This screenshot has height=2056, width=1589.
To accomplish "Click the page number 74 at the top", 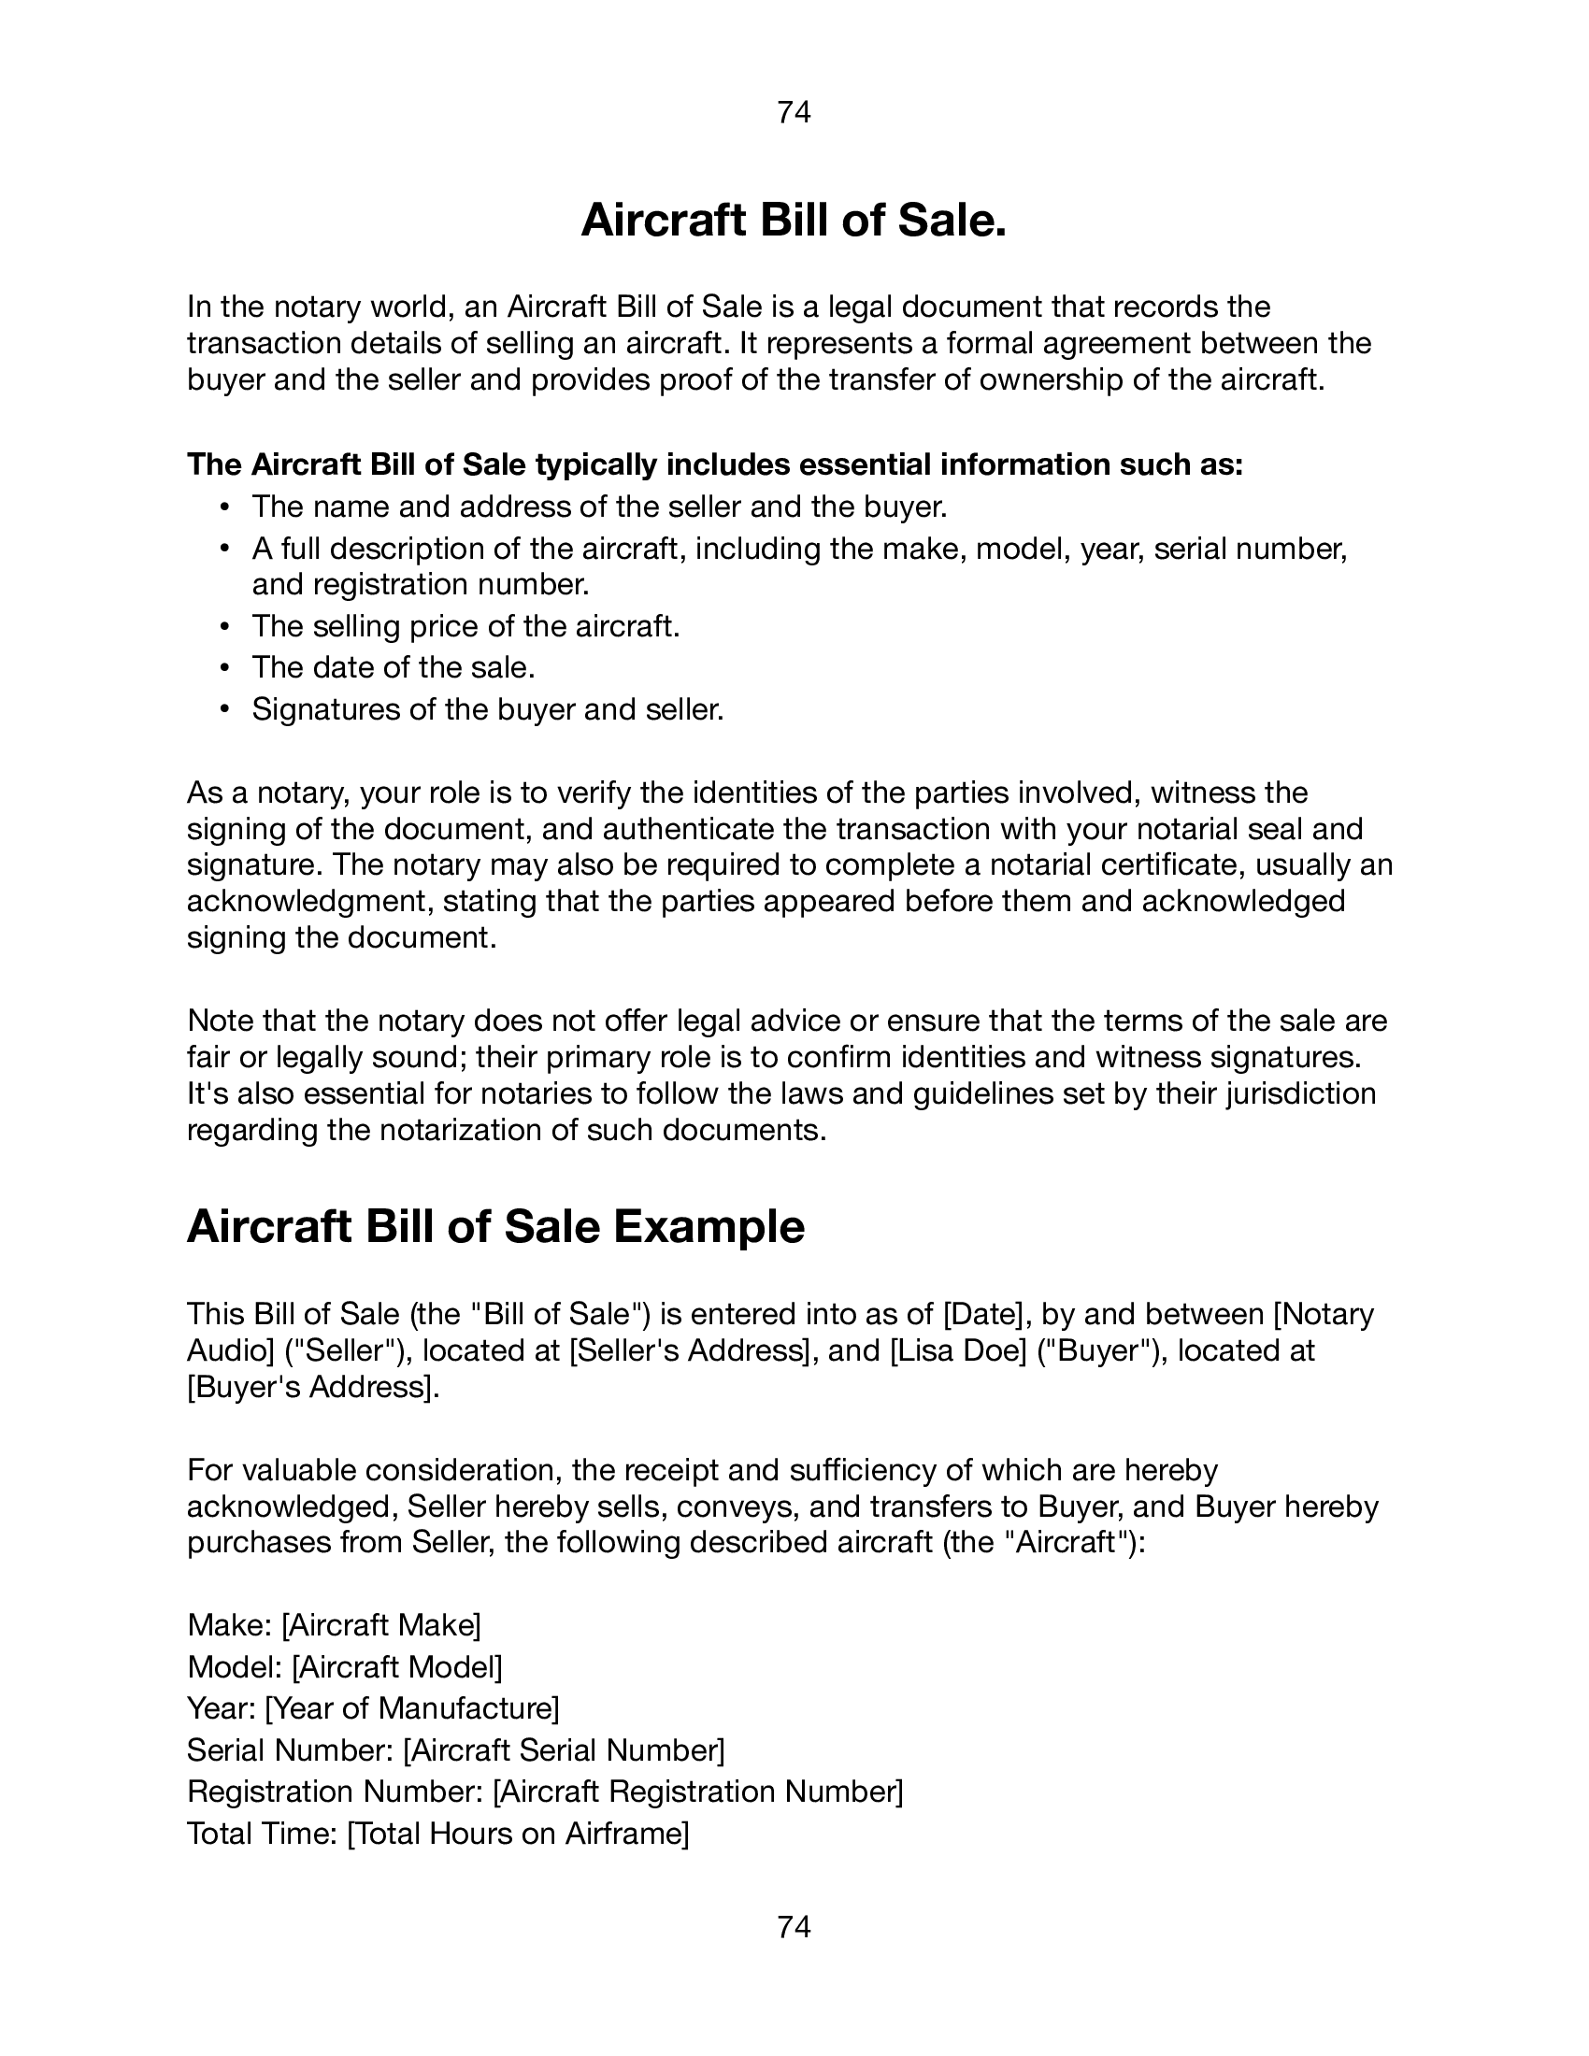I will (794, 112).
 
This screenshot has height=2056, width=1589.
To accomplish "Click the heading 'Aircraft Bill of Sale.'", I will (794, 221).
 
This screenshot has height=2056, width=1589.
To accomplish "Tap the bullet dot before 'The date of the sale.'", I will (224, 667).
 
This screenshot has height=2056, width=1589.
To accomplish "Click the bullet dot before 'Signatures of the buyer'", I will (224, 709).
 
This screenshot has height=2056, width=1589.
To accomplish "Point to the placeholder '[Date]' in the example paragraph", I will (985, 1313).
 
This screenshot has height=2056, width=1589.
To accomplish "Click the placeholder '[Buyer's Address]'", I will (312, 1387).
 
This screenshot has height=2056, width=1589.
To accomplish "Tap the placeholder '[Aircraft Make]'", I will (381, 1624).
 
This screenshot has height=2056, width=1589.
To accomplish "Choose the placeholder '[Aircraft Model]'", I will (396, 1666).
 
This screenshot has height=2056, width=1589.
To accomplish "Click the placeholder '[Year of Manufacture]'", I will (412, 1707).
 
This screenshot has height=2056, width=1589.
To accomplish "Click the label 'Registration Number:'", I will (336, 1791).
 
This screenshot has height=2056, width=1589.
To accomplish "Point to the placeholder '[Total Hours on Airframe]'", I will (518, 1833).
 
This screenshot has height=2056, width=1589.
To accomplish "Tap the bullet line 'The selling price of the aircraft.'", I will (465, 626).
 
